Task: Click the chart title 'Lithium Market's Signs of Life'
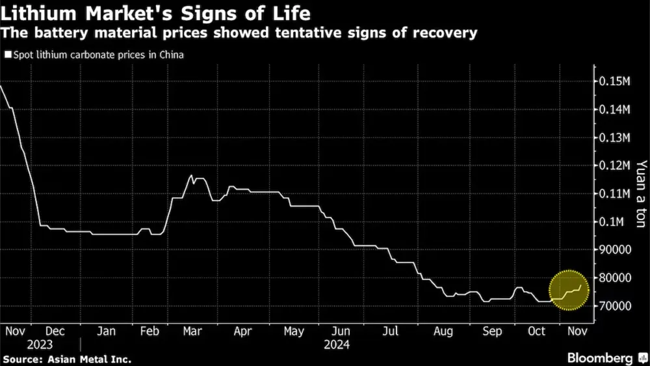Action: click(x=156, y=12)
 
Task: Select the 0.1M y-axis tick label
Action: click(x=612, y=222)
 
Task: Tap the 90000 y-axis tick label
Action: click(x=614, y=250)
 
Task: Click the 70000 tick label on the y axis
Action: click(x=614, y=306)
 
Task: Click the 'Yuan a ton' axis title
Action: click(x=641, y=193)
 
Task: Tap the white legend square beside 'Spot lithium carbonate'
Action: click(x=7, y=55)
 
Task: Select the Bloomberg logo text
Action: click(x=599, y=358)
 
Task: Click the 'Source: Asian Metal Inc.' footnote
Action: click(x=67, y=358)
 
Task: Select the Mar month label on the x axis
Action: click(x=192, y=331)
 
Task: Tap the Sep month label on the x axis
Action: click(x=492, y=331)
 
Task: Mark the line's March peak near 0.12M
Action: click(x=190, y=175)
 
